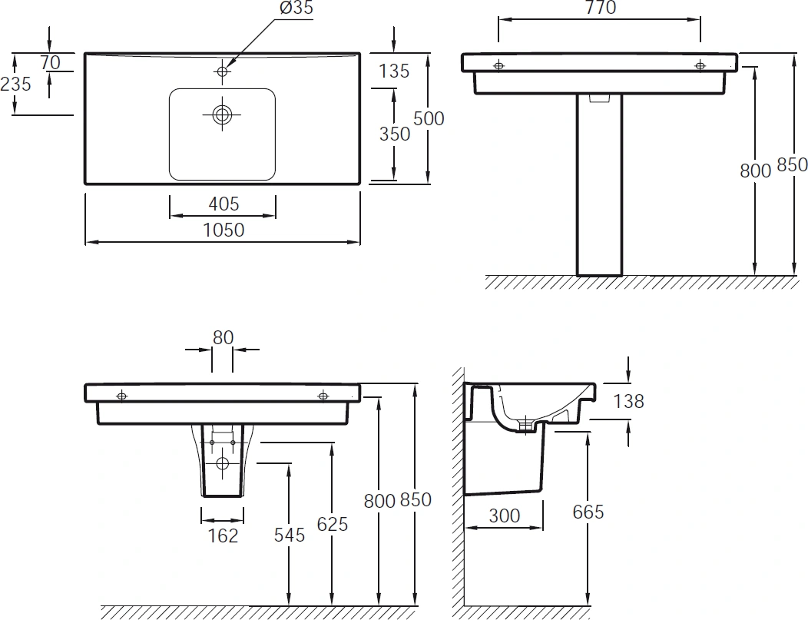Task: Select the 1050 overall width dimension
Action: pos(223,229)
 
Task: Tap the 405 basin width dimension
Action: pos(223,204)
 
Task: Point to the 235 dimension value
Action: pos(16,84)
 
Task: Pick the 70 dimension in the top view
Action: pos(51,61)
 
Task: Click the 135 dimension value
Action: pos(394,71)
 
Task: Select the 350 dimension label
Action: pos(395,133)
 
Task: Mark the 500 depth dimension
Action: pos(429,118)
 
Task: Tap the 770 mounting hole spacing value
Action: pos(600,8)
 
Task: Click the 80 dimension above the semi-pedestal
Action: pos(223,337)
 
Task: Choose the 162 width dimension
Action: pos(224,535)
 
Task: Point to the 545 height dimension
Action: pos(290,535)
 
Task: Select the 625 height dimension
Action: pos(332,524)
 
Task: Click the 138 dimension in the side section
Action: pos(628,400)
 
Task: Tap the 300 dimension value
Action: pos(504,516)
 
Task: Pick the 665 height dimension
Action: pos(588,512)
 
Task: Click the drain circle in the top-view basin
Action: pos(223,114)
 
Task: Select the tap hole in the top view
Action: pos(223,71)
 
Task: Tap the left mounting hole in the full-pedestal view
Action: pos(498,66)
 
